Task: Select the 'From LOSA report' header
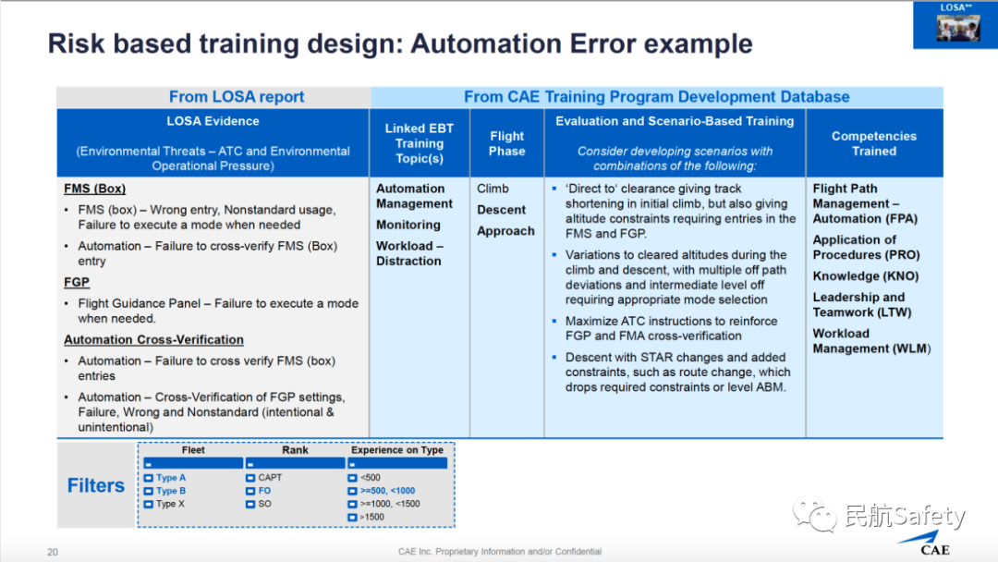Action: tap(236, 96)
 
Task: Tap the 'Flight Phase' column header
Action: tap(506, 143)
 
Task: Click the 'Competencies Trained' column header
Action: tap(873, 143)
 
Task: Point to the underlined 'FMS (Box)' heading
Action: tap(94, 189)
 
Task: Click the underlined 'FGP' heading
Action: tap(77, 282)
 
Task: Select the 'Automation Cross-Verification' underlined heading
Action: tap(153, 339)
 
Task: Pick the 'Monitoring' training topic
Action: tap(408, 225)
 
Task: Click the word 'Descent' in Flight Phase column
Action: tap(501, 210)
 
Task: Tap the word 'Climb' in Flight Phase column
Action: tap(493, 189)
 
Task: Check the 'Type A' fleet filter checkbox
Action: tap(149, 478)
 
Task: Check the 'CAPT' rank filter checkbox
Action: tap(250, 478)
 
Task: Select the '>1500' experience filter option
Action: tap(352, 517)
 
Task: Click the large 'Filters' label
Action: tap(95, 485)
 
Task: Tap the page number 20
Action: tap(53, 552)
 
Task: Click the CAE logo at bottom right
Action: tap(934, 544)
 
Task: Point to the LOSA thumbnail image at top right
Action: tap(955, 25)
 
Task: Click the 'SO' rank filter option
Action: tap(250, 504)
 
